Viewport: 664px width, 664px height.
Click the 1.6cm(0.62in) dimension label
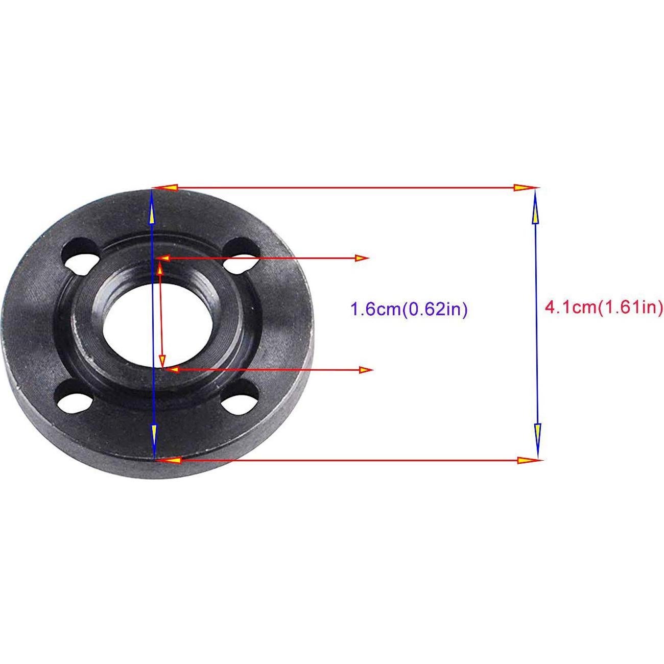pos(409,310)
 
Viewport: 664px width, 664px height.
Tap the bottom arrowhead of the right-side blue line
pos(537,435)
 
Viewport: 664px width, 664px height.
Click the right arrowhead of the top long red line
pos(523,188)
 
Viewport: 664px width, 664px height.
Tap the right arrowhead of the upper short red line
pos(362,258)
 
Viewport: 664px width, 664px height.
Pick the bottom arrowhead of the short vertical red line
pos(162,358)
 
